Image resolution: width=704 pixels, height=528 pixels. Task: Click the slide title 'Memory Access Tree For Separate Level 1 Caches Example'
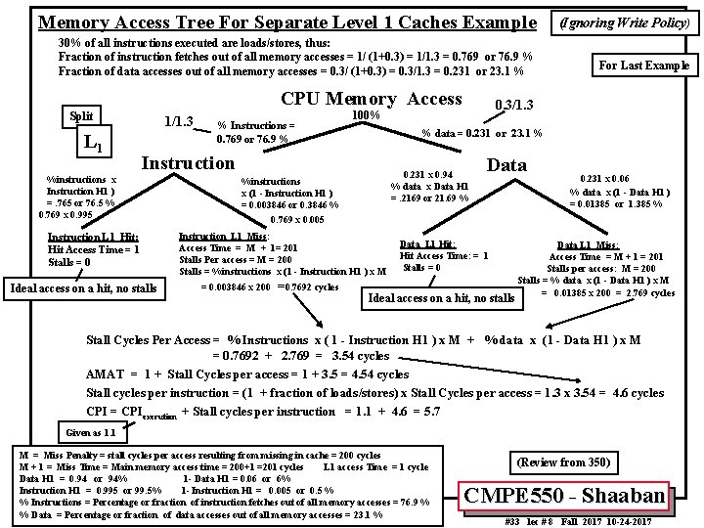tap(286, 22)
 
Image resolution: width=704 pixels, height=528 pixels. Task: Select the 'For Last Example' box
tap(643, 66)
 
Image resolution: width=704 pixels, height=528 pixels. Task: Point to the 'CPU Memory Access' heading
tap(371, 99)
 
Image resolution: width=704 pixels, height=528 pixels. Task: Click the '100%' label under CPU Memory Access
tap(366, 115)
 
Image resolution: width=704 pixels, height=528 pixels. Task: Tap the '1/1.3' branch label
tap(177, 122)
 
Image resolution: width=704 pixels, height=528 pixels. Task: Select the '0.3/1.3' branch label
tap(515, 104)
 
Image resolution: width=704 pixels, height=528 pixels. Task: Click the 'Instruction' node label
tap(188, 162)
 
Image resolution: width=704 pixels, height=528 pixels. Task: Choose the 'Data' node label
tap(506, 165)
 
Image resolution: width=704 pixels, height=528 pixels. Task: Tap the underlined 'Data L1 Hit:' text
tap(427, 243)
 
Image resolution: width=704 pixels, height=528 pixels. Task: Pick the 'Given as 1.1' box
tap(90, 431)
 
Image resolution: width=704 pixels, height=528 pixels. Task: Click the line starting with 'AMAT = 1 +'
tap(247, 374)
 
